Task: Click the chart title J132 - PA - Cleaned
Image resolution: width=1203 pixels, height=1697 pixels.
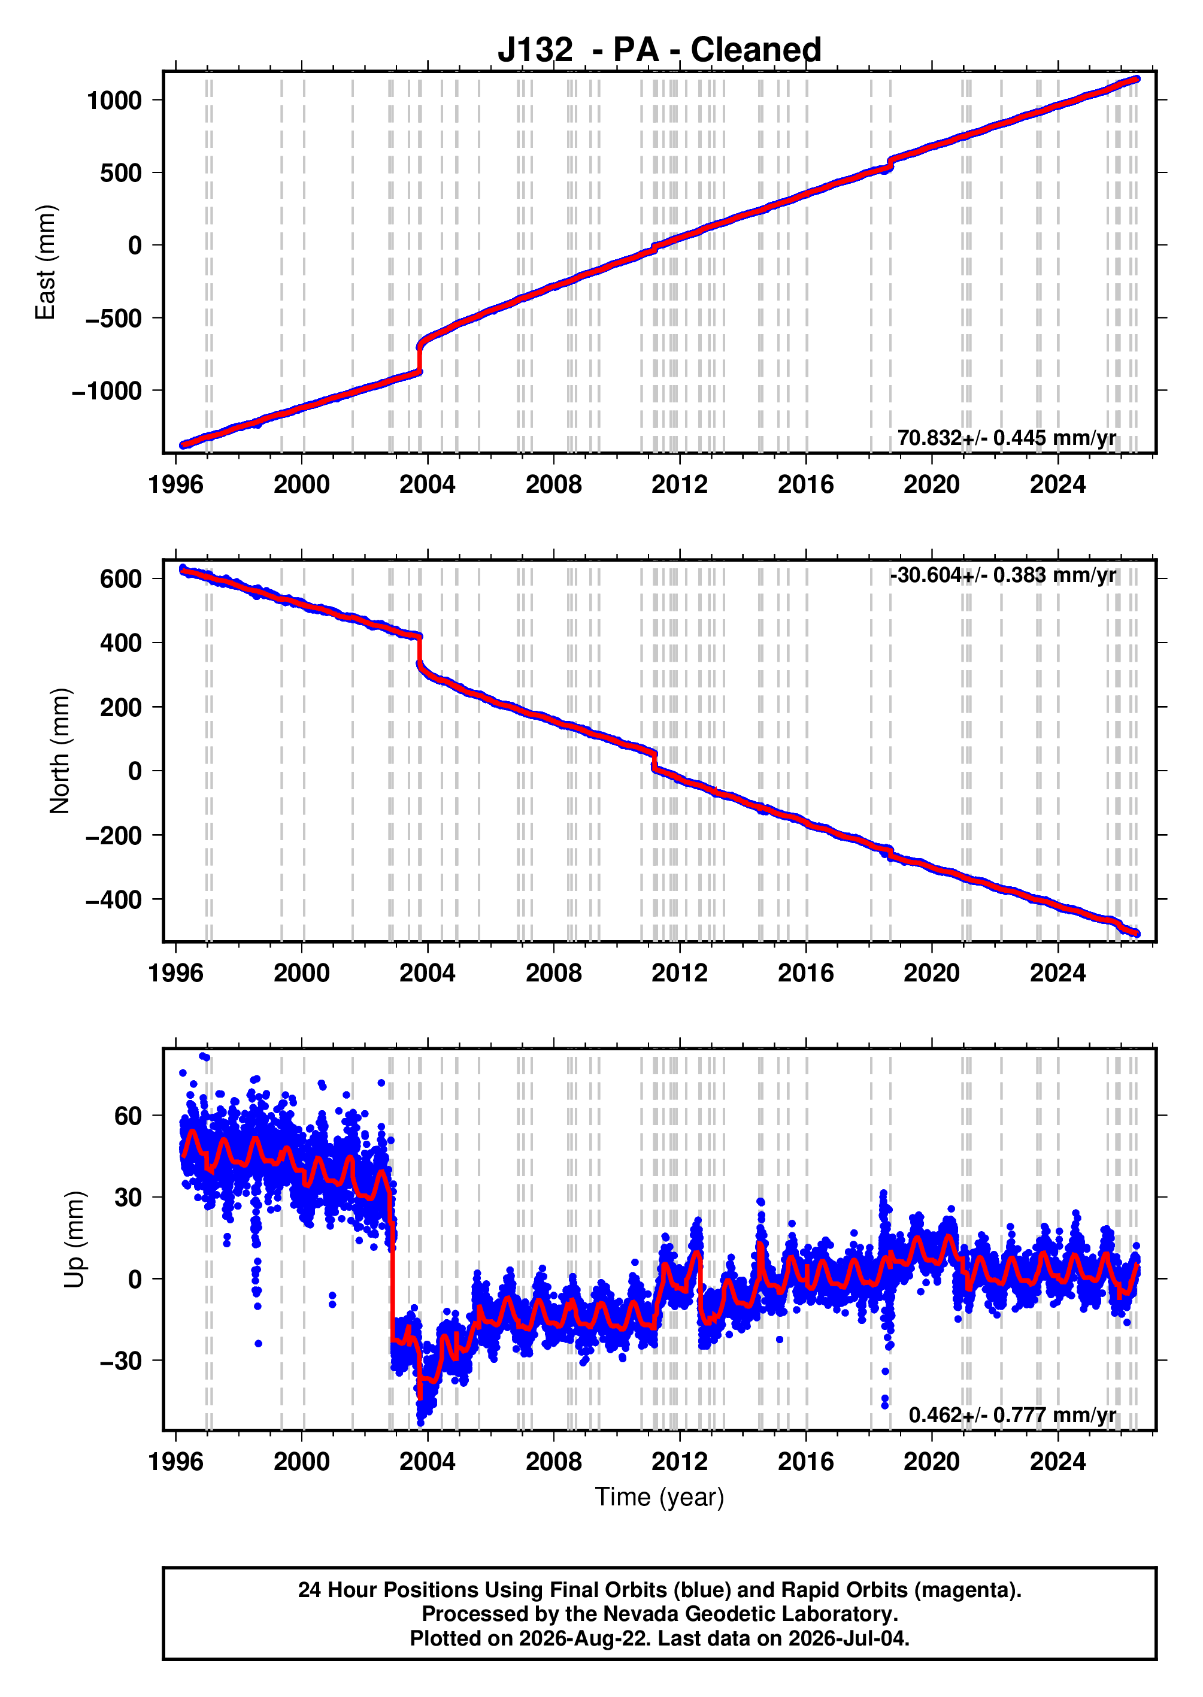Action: (659, 50)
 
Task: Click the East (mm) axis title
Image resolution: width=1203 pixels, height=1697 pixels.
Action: (45, 262)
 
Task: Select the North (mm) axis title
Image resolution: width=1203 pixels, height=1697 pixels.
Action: (59, 751)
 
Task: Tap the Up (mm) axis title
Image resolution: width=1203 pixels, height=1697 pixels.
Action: (74, 1240)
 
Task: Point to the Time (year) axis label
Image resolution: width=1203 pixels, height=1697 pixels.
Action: (659, 1497)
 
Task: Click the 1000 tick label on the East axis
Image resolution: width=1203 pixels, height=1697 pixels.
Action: (114, 100)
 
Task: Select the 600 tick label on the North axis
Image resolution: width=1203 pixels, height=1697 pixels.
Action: (122, 578)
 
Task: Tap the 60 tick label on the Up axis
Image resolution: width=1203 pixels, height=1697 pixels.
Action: (128, 1116)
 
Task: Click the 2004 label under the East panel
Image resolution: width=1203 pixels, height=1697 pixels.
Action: (428, 484)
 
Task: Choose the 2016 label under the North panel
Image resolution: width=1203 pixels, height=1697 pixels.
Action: (805, 972)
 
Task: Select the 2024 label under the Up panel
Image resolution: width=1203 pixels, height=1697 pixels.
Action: (1058, 1462)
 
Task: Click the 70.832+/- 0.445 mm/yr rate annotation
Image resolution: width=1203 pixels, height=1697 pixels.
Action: (1007, 438)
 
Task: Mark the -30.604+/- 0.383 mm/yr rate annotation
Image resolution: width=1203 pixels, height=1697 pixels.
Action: (1003, 575)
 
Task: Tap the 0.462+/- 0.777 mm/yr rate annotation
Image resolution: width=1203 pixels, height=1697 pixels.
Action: (1013, 1415)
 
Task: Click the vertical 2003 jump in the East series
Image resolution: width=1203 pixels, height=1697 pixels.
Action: (420, 357)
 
